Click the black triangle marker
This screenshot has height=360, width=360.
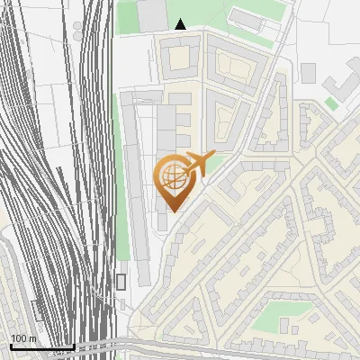(181, 24)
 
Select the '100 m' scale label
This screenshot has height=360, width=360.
(22, 337)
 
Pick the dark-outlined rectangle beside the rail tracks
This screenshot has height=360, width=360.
(121, 282)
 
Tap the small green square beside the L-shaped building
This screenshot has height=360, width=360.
(332, 104)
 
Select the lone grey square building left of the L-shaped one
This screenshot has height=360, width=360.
(309, 73)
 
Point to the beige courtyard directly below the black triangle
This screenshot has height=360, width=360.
(179, 58)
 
